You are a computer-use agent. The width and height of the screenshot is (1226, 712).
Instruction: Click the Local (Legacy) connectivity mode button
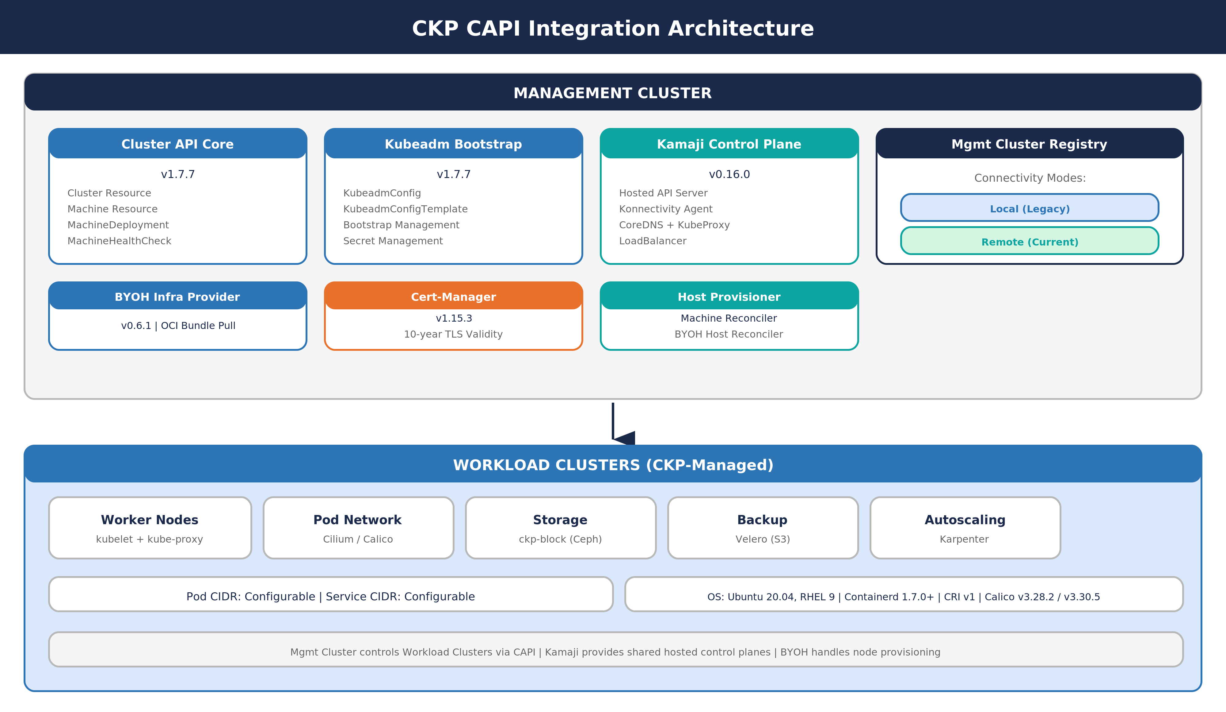[x=1030, y=208]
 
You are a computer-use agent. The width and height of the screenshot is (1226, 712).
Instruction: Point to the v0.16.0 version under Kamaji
[x=729, y=174]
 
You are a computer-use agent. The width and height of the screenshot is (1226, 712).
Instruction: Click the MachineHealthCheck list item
[x=119, y=241]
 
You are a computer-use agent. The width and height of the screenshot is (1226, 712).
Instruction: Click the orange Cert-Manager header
[x=453, y=296]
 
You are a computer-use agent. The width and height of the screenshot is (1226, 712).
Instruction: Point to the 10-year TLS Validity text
[x=453, y=334]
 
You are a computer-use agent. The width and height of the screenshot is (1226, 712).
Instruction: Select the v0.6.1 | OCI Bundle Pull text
[x=178, y=325]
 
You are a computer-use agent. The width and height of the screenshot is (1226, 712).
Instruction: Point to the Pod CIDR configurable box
[x=330, y=596]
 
